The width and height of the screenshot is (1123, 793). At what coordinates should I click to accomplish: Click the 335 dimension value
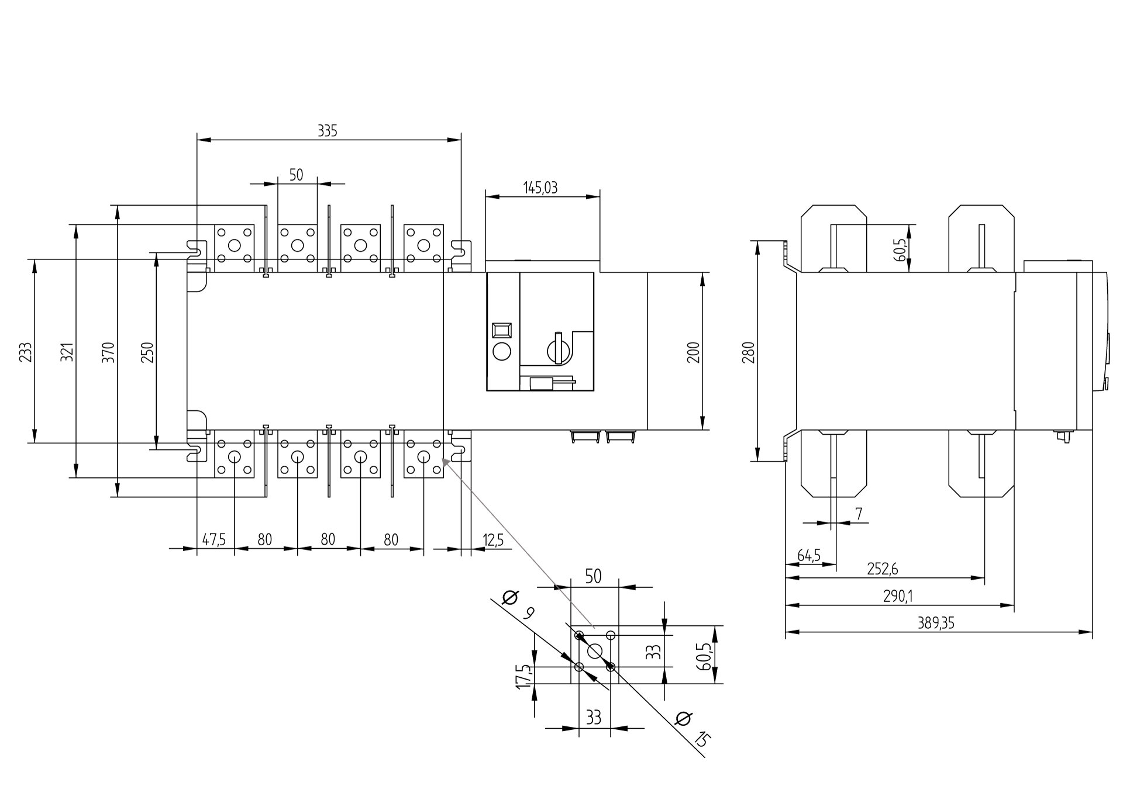point(328,131)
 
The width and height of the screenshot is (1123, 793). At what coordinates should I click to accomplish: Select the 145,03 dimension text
point(539,188)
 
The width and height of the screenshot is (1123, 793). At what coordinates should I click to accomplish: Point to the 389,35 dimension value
point(936,623)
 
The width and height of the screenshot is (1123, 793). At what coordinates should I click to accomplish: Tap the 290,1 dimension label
point(898,596)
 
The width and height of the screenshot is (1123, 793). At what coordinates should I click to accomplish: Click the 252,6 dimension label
point(882,569)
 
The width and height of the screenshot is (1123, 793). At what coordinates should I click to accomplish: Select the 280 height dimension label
point(749,352)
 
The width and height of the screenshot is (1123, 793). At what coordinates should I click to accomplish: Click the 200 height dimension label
point(694,352)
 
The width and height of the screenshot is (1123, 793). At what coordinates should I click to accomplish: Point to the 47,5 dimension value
point(214,539)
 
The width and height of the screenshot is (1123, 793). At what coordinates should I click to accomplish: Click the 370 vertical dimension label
point(109,352)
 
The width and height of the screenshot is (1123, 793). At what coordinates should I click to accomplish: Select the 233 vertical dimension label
point(26,352)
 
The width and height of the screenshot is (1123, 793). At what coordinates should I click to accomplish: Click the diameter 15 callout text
point(694,730)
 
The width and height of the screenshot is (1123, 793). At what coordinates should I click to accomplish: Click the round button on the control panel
point(502,352)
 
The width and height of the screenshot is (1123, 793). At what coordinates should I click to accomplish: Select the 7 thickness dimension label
point(859,514)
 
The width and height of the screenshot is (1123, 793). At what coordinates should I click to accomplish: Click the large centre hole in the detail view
point(594,651)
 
